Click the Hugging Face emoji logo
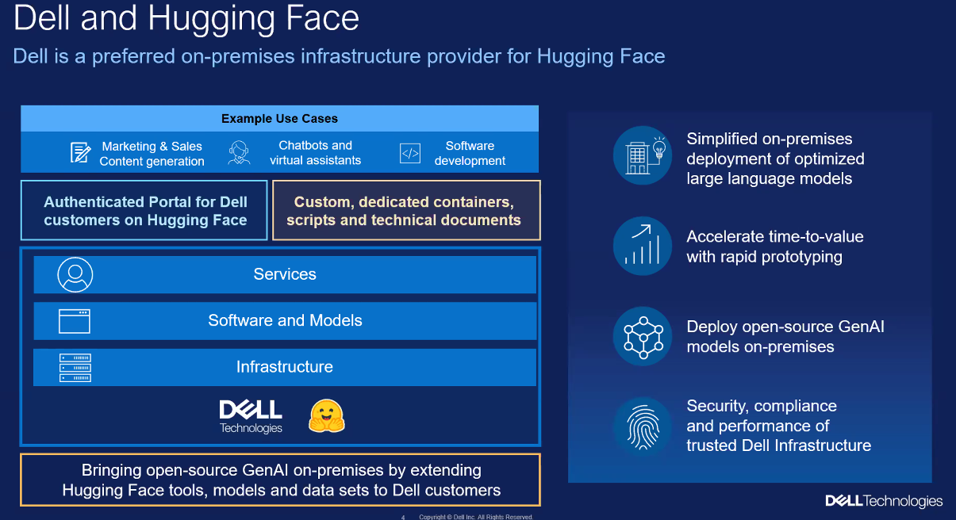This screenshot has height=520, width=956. point(327,415)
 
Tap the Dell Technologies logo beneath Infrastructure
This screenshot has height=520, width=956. point(251,416)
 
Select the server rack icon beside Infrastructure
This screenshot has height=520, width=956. point(75,368)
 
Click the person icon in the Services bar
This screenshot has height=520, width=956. point(75,274)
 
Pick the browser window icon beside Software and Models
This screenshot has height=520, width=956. point(75,321)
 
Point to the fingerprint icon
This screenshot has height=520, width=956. point(642,426)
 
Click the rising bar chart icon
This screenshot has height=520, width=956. point(642,246)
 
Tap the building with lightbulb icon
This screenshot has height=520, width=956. point(642,155)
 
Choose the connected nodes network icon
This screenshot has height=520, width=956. point(642,336)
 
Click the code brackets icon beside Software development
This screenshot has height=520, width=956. point(410,153)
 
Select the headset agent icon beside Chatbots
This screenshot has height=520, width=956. point(239,153)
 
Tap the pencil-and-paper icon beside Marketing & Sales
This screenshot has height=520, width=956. point(80,153)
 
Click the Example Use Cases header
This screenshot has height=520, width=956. point(279,119)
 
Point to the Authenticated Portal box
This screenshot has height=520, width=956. point(145,211)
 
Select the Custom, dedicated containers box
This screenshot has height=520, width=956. point(406,211)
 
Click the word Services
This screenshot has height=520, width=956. point(285,274)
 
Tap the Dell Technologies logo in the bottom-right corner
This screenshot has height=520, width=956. point(884,501)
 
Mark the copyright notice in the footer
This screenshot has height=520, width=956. point(476,517)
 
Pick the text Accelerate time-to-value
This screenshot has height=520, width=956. point(774,236)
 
